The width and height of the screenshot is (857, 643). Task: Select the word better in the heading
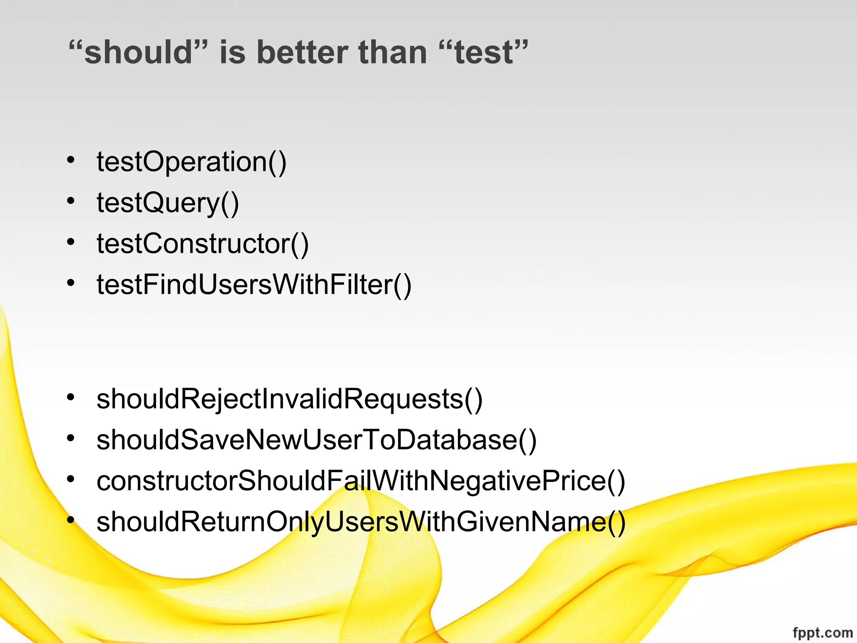pos(302,53)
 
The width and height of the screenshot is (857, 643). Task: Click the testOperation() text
pos(192,162)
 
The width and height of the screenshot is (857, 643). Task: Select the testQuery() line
pos(168,203)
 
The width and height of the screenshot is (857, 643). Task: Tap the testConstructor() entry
pos(203,244)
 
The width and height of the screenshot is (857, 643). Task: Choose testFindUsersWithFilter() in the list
pos(254,285)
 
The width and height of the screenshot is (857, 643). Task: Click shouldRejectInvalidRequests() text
pos(290,399)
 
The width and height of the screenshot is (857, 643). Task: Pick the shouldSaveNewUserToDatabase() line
pos(316,440)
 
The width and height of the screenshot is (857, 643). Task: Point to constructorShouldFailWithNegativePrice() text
pos(361,481)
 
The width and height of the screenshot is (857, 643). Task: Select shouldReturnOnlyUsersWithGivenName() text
pos(361,522)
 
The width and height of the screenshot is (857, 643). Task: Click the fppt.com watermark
pos(822,633)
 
